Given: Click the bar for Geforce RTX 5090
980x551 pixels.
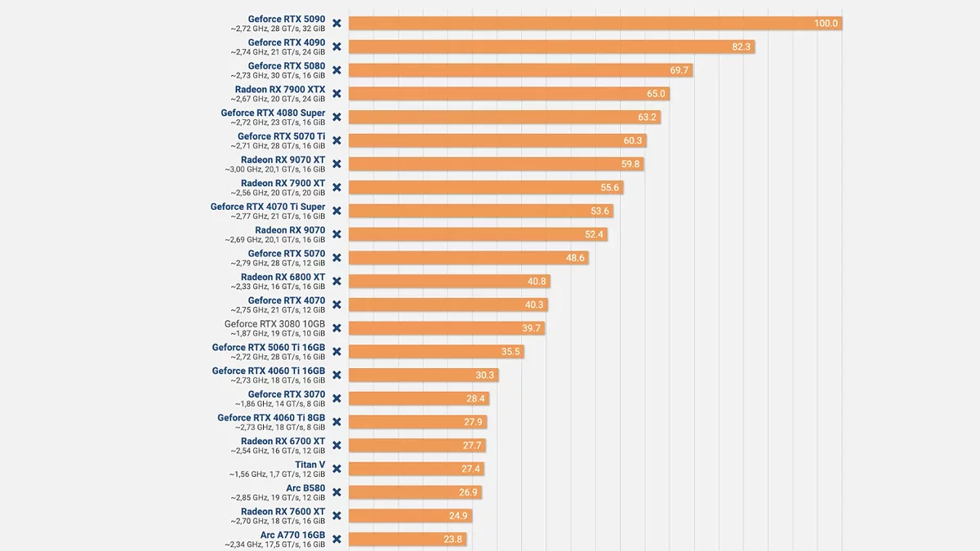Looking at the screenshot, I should pos(595,24).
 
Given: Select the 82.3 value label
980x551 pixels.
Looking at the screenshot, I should pos(741,47).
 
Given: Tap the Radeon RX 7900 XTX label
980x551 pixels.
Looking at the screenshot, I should pos(279,90).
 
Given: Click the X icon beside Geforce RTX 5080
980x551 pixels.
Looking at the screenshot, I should pos(336,70).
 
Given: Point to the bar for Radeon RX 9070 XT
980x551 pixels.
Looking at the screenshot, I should pos(496,164).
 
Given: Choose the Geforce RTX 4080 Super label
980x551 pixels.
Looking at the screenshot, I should pos(273,113).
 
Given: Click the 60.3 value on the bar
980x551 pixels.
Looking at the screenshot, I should pos(633,140).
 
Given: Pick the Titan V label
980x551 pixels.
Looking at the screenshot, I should pos(310,465).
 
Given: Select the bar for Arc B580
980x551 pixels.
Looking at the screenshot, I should pos(415,492).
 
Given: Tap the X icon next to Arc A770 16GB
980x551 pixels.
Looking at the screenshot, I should pos(336,540).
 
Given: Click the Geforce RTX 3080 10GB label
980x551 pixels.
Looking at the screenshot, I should pos(274,324).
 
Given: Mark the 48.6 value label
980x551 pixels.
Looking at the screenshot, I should pos(575,258).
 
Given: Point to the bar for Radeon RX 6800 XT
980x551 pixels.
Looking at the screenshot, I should pos(449,282).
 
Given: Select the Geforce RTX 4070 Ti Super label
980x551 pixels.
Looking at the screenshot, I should pos(268,207).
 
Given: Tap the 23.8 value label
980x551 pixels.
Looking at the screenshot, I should pos(453,540).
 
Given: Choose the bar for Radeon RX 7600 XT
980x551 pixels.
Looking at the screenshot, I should pos(410,516).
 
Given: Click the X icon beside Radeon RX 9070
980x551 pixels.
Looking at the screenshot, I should pos(336,234).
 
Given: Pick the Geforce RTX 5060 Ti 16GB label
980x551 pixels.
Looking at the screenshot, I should pos(269,348).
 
